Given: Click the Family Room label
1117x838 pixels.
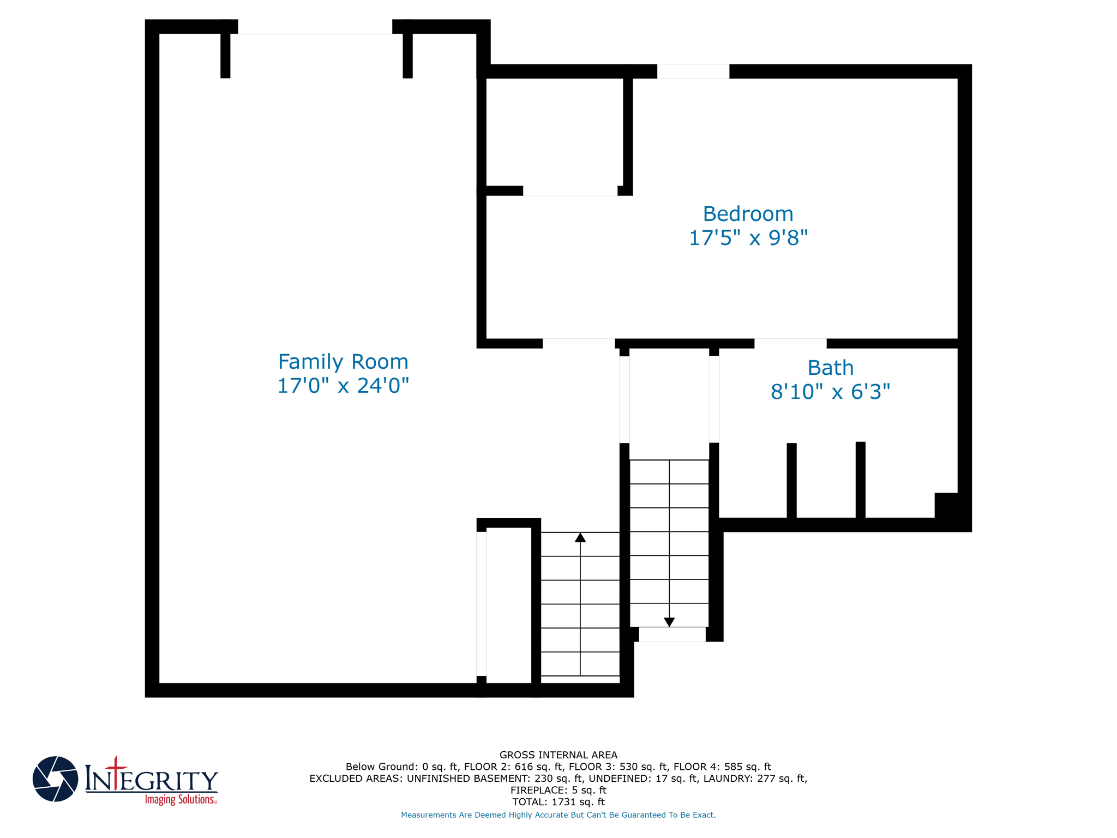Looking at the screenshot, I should (x=343, y=362).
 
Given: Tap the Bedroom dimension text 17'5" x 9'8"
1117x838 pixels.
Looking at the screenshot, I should (x=748, y=238).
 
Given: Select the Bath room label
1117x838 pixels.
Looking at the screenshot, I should (x=830, y=368).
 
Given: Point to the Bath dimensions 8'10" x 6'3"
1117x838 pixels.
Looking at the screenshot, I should (x=830, y=392).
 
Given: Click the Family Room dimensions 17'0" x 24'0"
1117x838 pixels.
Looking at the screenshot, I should (x=343, y=386).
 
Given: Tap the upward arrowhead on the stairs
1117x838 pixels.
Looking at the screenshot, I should (x=580, y=538).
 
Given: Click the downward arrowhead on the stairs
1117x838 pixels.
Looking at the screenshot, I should (x=669, y=622).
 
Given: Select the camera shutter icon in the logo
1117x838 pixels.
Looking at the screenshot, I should (x=55, y=779).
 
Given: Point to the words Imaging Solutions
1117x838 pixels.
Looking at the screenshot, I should (x=181, y=800).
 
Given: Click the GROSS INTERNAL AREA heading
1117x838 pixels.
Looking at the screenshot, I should (x=558, y=755).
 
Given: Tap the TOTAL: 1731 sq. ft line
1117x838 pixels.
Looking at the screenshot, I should (x=558, y=802).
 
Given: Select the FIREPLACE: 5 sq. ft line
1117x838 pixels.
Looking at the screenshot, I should (x=558, y=790).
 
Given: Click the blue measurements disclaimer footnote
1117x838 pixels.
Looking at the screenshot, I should (x=558, y=815).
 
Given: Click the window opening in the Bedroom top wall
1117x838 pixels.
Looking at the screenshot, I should (x=693, y=71).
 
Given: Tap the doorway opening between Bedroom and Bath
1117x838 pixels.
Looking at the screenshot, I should (x=790, y=343).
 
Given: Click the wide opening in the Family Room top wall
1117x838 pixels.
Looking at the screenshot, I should (x=315, y=27).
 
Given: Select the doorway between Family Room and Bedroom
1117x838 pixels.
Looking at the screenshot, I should (x=579, y=343).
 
